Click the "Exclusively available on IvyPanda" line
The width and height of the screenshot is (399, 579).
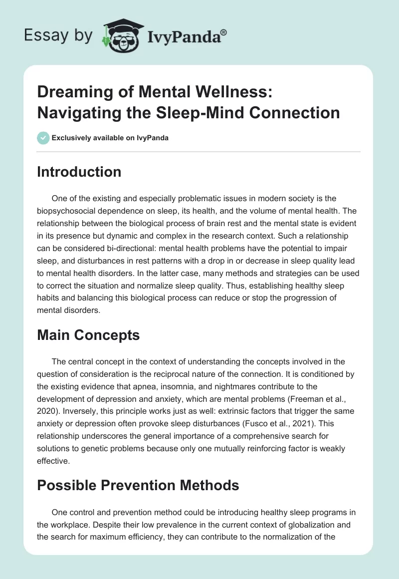(110, 138)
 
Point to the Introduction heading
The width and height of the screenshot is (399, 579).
(79, 172)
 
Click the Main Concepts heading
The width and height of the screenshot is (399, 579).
(88, 335)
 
